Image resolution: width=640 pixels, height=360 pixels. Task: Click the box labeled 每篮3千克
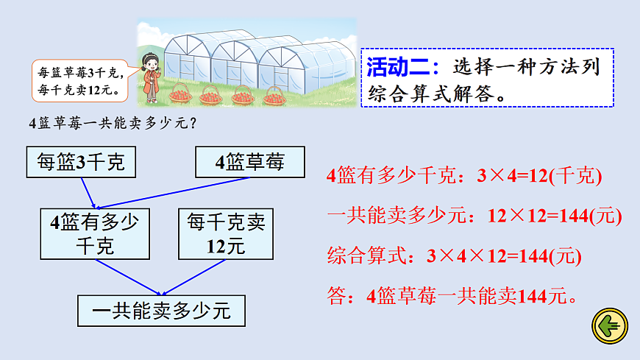80,163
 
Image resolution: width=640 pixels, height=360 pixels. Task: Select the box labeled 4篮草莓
249,162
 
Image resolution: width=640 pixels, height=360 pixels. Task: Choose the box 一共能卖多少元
161,311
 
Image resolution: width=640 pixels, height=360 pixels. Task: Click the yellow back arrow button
609,326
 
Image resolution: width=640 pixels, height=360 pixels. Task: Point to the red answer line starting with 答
451,296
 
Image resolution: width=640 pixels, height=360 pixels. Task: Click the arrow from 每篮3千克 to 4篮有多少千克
89,193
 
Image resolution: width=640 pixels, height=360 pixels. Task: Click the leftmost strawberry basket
180,95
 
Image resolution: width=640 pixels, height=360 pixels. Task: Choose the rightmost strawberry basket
274,95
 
